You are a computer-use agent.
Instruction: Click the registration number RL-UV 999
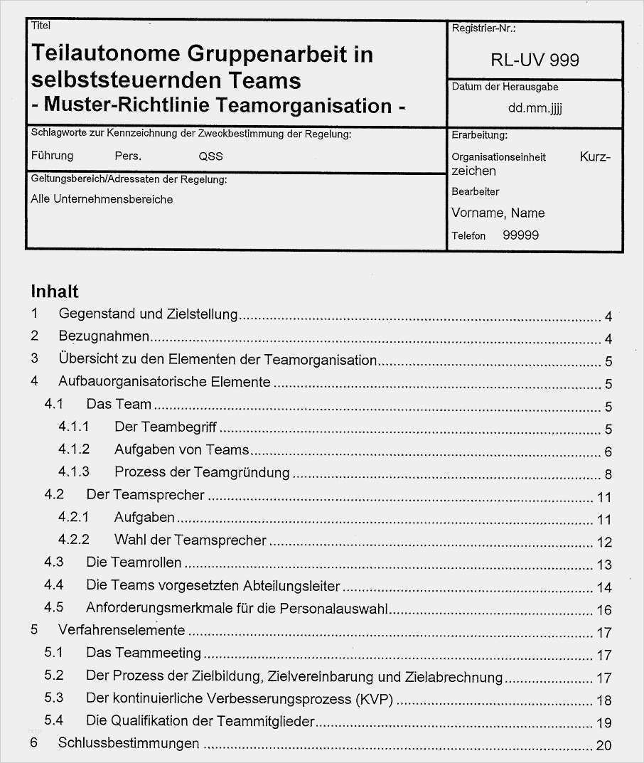coord(535,60)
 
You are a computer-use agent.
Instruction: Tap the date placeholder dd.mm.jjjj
coord(535,109)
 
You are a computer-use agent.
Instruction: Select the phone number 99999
coord(520,235)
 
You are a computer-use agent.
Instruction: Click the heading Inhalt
coord(55,291)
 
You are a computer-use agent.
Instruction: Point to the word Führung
coord(52,156)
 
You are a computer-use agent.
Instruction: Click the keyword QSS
coord(211,156)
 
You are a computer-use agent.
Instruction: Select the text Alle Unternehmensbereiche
coord(102,199)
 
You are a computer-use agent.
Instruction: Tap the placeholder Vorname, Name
coord(498,213)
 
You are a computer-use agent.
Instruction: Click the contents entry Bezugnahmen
coord(104,336)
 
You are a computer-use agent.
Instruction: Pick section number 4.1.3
coord(74,471)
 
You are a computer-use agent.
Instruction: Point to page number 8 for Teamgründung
coord(608,474)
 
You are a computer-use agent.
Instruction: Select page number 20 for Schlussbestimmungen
coord(603,745)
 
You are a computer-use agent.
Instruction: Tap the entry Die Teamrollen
coord(134,562)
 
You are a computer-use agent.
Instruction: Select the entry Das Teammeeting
coord(144,652)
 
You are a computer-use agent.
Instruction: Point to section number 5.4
coord(53,720)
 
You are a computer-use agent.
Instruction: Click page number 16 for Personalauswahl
coord(604,609)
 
